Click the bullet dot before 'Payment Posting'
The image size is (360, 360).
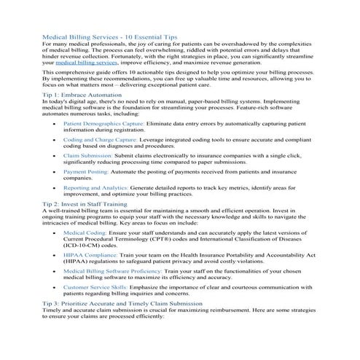[x=56, y=172]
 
